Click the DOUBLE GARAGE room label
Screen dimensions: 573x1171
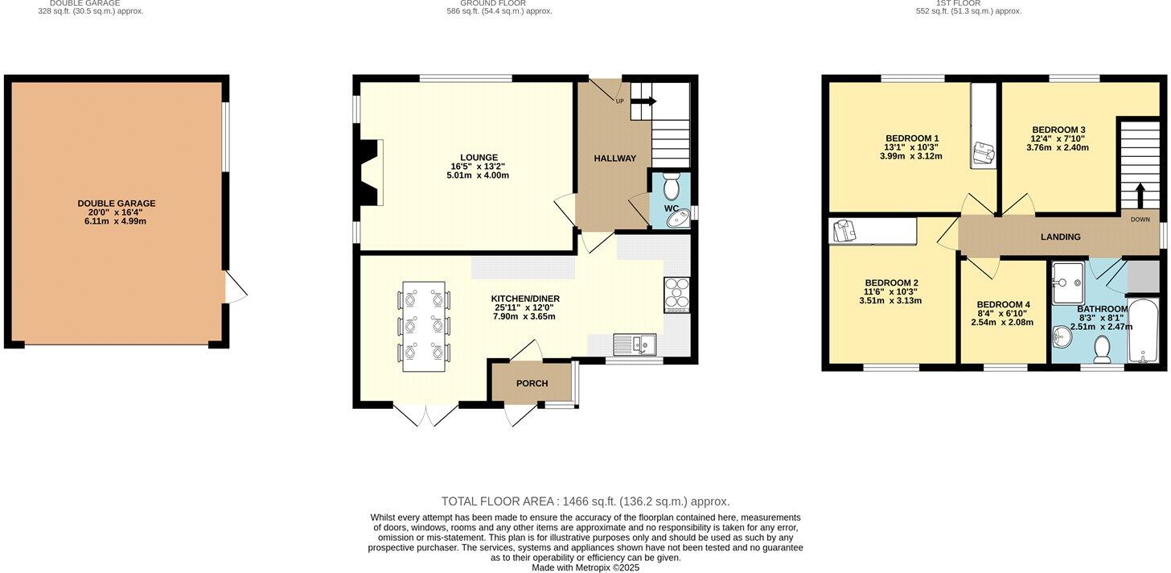click(x=117, y=204)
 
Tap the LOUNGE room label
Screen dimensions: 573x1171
click(x=479, y=158)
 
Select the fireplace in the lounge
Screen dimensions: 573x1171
click(x=372, y=173)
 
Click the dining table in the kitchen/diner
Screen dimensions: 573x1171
click(x=423, y=326)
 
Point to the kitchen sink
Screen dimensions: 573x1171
click(x=635, y=344)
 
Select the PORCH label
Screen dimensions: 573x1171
click(x=532, y=384)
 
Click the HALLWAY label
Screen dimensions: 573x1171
click(x=614, y=159)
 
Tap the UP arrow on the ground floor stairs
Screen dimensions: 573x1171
click(x=643, y=101)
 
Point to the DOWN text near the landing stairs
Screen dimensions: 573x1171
click(x=1140, y=219)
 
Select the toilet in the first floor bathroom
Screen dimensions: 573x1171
click(x=1102, y=348)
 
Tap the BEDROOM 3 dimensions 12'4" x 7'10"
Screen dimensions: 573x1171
click(x=1058, y=138)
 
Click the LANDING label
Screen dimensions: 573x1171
click(x=1060, y=237)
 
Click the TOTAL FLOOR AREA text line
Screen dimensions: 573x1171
click(x=585, y=501)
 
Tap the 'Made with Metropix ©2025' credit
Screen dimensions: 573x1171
click(x=585, y=567)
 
